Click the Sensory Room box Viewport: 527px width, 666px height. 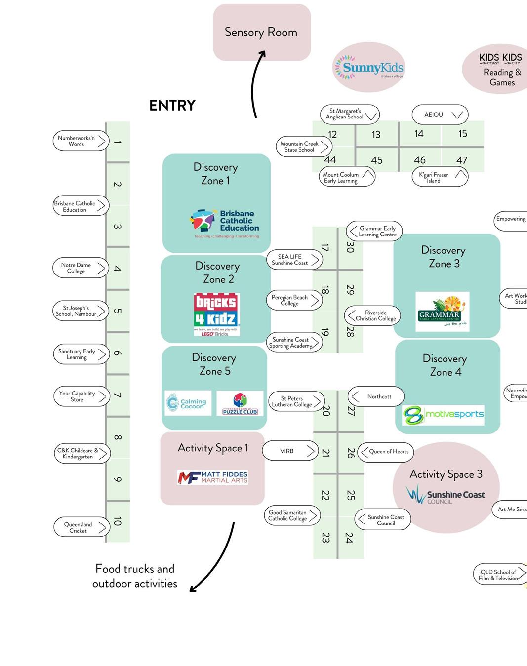[x=262, y=33]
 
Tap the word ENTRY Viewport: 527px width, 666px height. [x=172, y=106]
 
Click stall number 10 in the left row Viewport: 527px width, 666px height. [x=118, y=521]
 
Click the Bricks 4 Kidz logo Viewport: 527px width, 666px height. [x=216, y=314]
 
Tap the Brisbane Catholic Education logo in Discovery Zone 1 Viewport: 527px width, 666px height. [x=225, y=223]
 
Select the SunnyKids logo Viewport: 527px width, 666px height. [x=369, y=68]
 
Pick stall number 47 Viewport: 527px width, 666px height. [x=462, y=160]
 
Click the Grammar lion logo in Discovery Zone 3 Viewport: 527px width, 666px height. [x=442, y=311]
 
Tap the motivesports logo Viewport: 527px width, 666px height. [x=443, y=415]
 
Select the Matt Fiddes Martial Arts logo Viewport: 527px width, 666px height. [x=212, y=477]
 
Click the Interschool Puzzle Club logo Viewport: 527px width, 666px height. [x=240, y=403]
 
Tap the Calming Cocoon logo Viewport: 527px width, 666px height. [x=188, y=403]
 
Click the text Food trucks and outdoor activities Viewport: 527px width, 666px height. [x=135, y=576]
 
